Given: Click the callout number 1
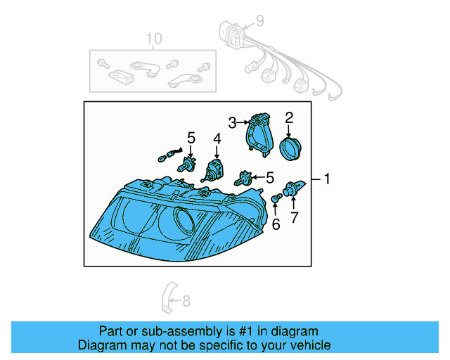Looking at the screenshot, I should (x=326, y=179).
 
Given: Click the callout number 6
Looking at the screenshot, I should (x=276, y=224).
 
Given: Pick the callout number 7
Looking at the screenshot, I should (x=295, y=217).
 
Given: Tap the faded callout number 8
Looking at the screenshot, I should (x=186, y=302).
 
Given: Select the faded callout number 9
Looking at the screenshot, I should (x=259, y=21).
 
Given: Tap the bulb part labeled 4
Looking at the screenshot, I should (x=213, y=171).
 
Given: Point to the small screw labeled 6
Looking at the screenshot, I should (x=276, y=200).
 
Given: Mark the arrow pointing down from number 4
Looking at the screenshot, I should (x=217, y=152).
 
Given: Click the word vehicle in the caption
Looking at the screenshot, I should (x=306, y=345).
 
